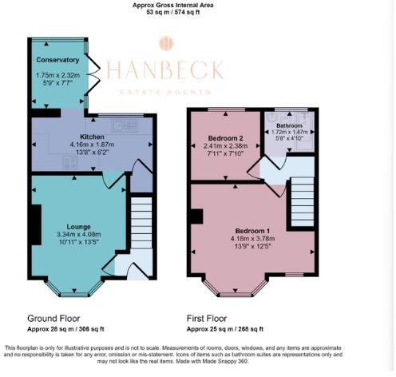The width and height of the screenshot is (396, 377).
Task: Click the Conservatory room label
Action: [x=57, y=60]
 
